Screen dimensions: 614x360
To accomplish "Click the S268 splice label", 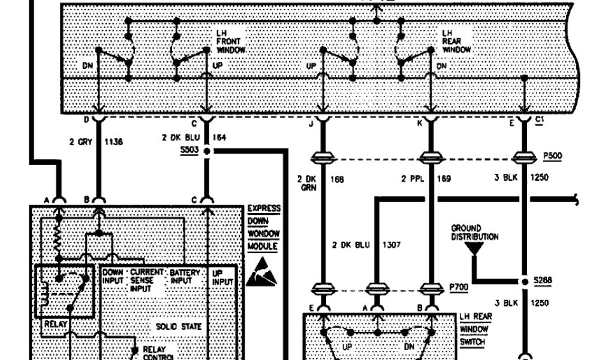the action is tap(541, 280).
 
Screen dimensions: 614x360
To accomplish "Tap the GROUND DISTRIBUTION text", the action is tap(474, 233).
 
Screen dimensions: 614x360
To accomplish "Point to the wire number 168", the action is tap(338, 178).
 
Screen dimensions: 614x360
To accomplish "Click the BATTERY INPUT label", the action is tap(185, 276).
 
